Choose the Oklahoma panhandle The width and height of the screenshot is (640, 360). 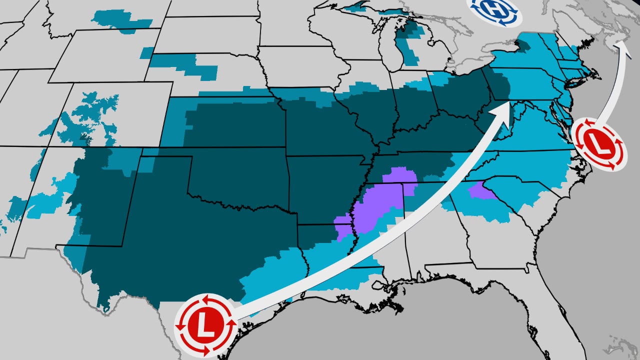point(165,152)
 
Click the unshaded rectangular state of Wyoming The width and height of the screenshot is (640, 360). point(115,55)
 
